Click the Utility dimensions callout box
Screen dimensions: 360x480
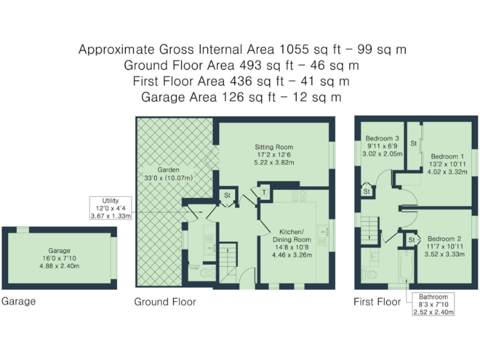point(111,207)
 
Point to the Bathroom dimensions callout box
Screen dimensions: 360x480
point(433,304)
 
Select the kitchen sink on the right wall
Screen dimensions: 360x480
point(324,231)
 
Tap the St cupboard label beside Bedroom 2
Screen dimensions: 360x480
point(412,240)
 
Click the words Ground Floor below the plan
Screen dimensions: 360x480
point(165,302)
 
